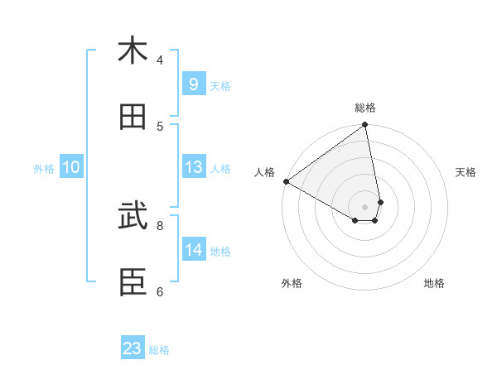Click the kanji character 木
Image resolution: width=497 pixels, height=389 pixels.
pyautogui.click(x=133, y=50)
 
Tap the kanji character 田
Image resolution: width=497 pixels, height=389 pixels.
pyautogui.click(x=133, y=117)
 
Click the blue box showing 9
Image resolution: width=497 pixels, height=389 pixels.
pyautogui.click(x=193, y=84)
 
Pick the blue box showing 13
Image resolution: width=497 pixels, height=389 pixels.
pyautogui.click(x=193, y=167)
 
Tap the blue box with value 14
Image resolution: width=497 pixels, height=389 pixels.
pyautogui.click(x=193, y=250)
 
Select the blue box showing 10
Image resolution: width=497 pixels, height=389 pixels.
pyautogui.click(x=71, y=167)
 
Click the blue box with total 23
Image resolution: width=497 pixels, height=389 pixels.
pyautogui.click(x=133, y=348)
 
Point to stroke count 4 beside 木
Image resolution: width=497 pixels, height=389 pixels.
pyautogui.click(x=160, y=60)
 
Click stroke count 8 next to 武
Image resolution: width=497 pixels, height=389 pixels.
pyautogui.click(x=160, y=223)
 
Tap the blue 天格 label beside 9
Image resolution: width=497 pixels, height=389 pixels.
pyautogui.click(x=220, y=85)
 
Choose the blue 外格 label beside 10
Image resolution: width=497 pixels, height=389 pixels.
pyautogui.click(x=44, y=168)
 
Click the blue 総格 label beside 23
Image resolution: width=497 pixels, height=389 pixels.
pyautogui.click(x=159, y=350)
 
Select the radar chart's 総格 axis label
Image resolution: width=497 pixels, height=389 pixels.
pyautogui.click(x=365, y=108)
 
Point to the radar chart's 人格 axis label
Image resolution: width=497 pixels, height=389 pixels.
pyautogui.click(x=264, y=172)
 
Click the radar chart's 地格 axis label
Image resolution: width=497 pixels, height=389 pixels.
pyautogui.click(x=434, y=283)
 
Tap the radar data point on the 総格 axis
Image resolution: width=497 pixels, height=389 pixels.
pyautogui.click(x=365, y=126)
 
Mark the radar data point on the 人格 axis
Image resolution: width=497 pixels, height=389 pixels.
pyautogui.click(x=286, y=181)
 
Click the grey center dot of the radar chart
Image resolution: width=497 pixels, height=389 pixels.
pyautogui.click(x=364, y=206)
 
